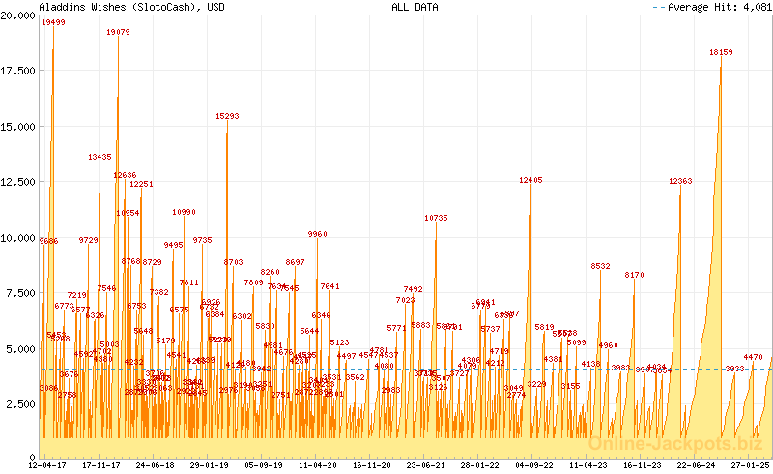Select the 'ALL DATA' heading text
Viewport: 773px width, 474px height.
(415, 7)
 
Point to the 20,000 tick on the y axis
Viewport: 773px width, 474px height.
(19, 15)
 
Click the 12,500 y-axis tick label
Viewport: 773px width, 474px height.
(19, 182)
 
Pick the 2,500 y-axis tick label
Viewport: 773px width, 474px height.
(22, 404)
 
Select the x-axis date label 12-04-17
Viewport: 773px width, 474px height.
(47, 465)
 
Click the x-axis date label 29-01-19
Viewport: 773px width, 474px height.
(210, 465)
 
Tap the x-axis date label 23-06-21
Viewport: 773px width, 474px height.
(426, 465)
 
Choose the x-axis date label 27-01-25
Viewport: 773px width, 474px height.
(749, 465)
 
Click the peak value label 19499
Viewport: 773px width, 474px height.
(54, 23)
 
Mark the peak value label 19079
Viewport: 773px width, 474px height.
(118, 32)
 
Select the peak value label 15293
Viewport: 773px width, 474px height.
(227, 116)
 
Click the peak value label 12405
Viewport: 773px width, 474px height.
(530, 180)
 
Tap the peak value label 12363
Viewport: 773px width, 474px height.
(680, 181)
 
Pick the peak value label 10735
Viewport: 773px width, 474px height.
(436, 218)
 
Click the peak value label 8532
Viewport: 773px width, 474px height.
(601, 266)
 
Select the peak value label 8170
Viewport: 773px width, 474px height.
(634, 275)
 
